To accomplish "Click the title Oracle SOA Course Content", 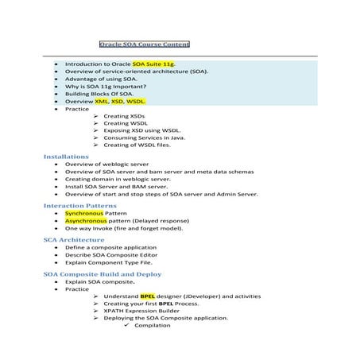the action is [144, 45].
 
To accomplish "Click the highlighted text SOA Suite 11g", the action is [155, 63].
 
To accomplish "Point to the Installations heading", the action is [66, 157].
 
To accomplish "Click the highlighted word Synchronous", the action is [84, 214].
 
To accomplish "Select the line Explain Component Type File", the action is [108, 262].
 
